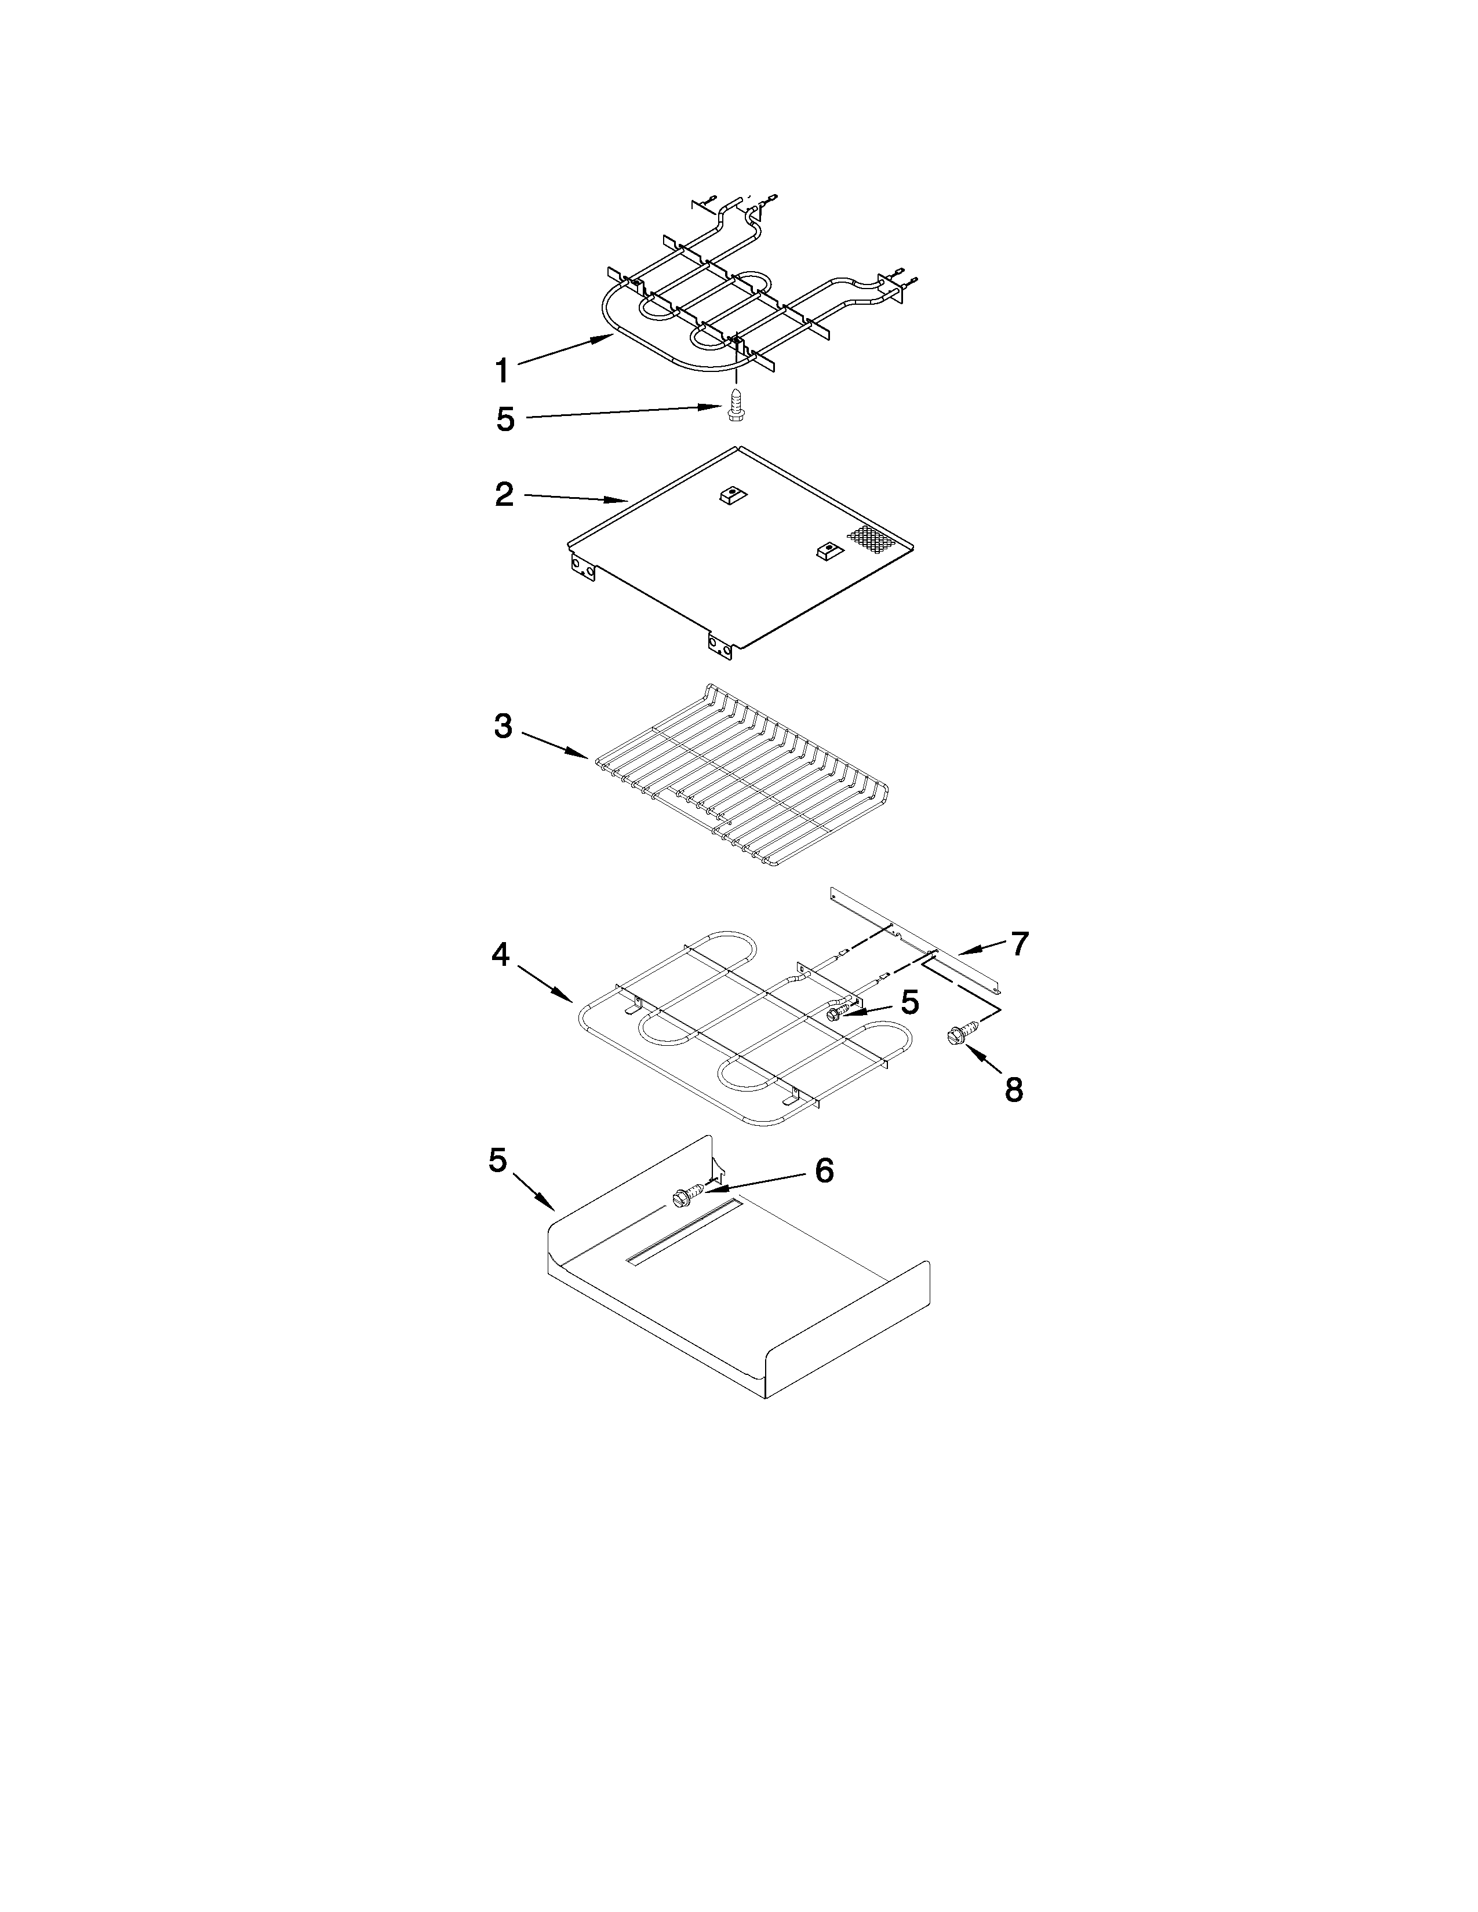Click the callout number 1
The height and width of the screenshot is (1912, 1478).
(x=502, y=371)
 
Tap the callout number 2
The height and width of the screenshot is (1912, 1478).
(x=504, y=495)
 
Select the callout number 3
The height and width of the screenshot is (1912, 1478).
(x=503, y=726)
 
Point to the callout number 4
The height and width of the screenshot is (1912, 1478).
(x=500, y=954)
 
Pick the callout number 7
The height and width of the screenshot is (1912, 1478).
(x=1018, y=944)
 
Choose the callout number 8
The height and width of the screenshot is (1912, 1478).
(x=1013, y=1090)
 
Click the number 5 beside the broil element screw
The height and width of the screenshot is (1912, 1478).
(x=505, y=419)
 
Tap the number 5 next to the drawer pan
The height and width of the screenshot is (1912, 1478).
(x=497, y=1161)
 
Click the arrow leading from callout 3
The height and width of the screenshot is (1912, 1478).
(x=556, y=744)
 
